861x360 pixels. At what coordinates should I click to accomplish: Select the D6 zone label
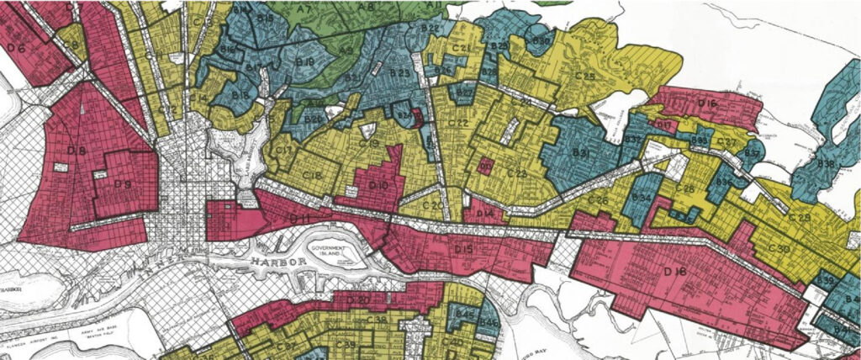[x=16, y=48]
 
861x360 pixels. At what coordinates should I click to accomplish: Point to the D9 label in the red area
[x=121, y=183]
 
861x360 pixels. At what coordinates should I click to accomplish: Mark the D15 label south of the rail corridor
[x=463, y=250]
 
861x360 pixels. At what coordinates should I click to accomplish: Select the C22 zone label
[x=459, y=123]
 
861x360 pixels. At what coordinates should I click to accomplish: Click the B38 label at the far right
[x=826, y=164]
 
